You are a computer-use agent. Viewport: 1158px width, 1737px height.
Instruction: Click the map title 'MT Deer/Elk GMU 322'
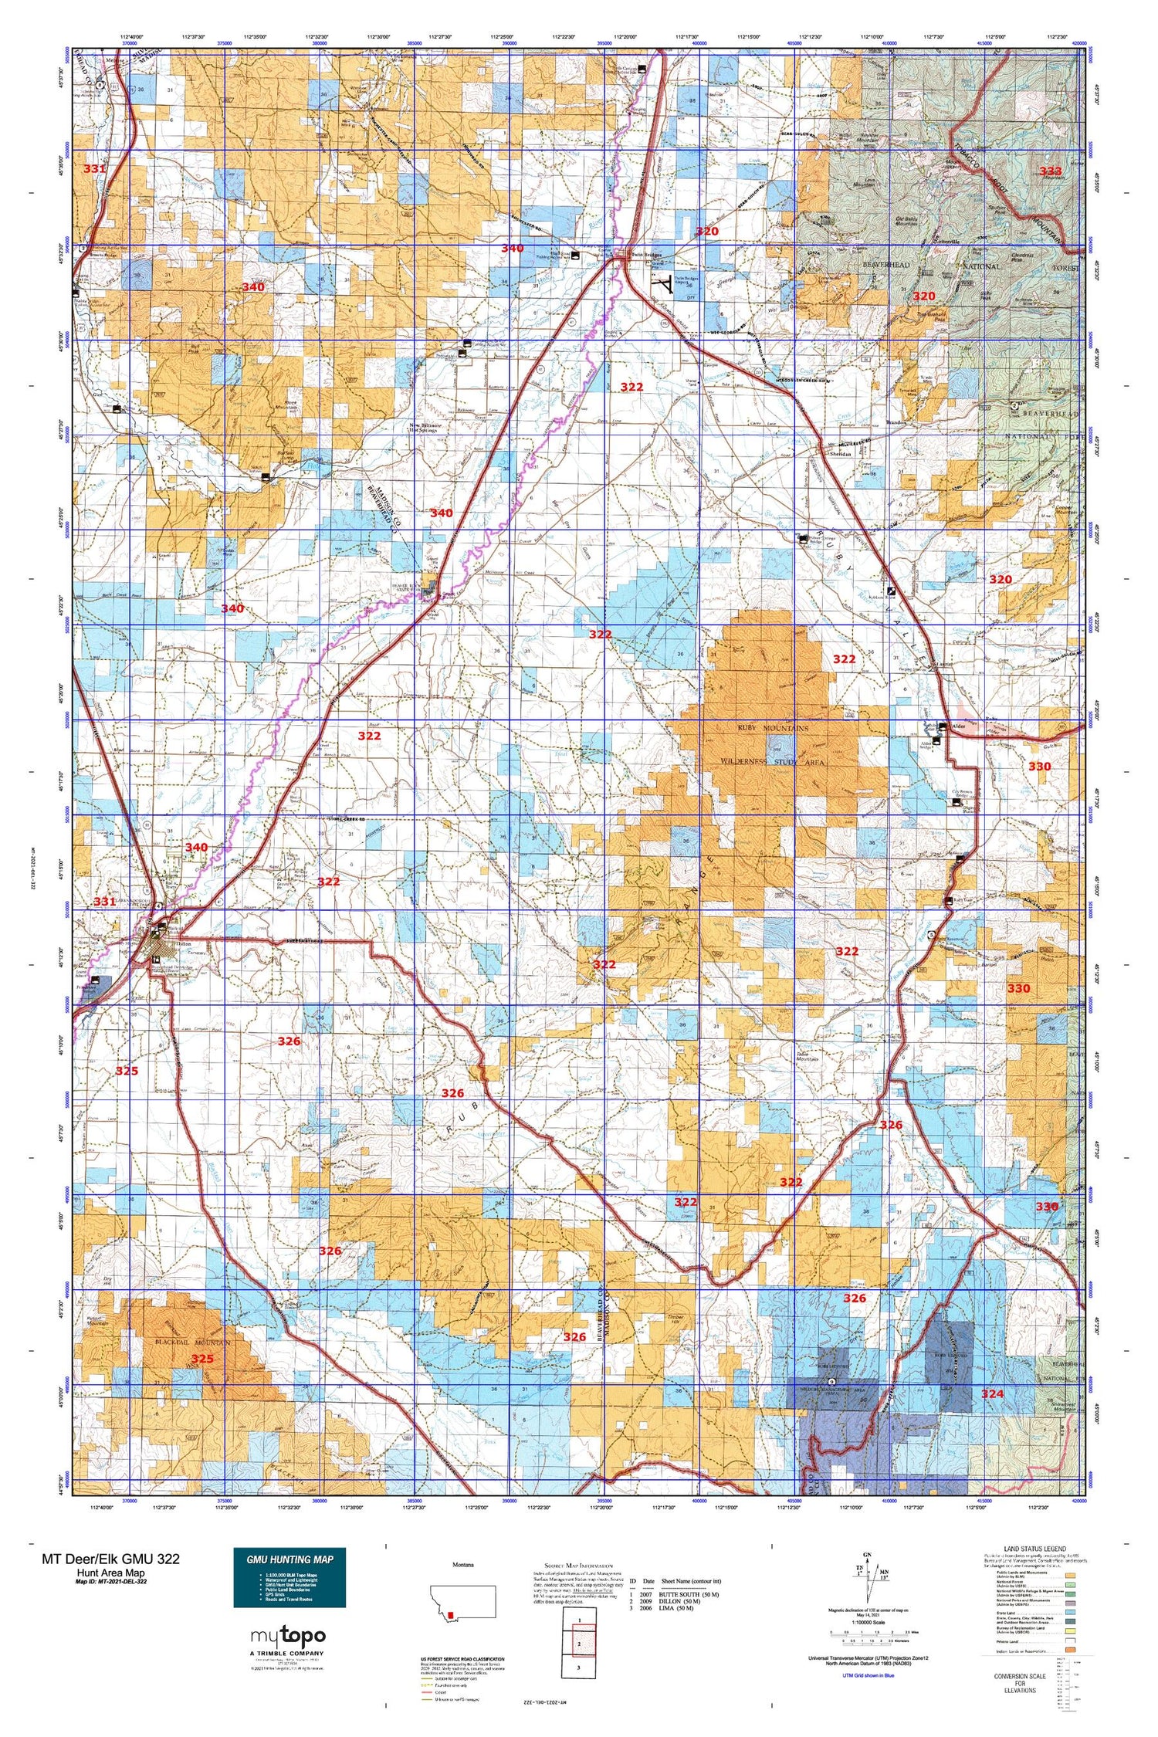(110, 1559)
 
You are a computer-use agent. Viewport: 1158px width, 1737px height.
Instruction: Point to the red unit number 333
(1050, 171)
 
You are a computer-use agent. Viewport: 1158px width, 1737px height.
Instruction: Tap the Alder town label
(960, 726)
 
